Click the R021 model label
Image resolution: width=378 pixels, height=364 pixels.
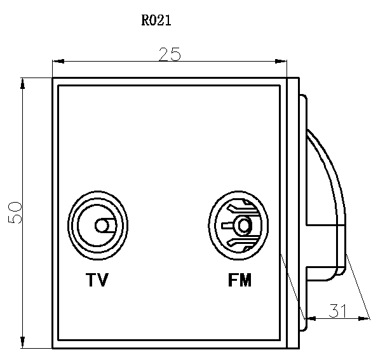click(156, 20)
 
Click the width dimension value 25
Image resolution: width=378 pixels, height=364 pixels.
click(170, 55)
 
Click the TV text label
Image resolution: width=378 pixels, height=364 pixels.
click(97, 280)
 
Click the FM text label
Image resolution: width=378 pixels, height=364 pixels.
click(240, 280)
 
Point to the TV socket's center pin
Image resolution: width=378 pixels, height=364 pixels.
click(100, 226)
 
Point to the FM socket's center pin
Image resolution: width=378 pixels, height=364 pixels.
click(241, 225)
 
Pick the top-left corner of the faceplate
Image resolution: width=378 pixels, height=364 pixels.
click(53, 78)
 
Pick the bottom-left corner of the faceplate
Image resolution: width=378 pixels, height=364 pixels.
click(53, 347)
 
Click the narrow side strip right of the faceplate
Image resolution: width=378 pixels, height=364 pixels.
click(292, 213)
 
